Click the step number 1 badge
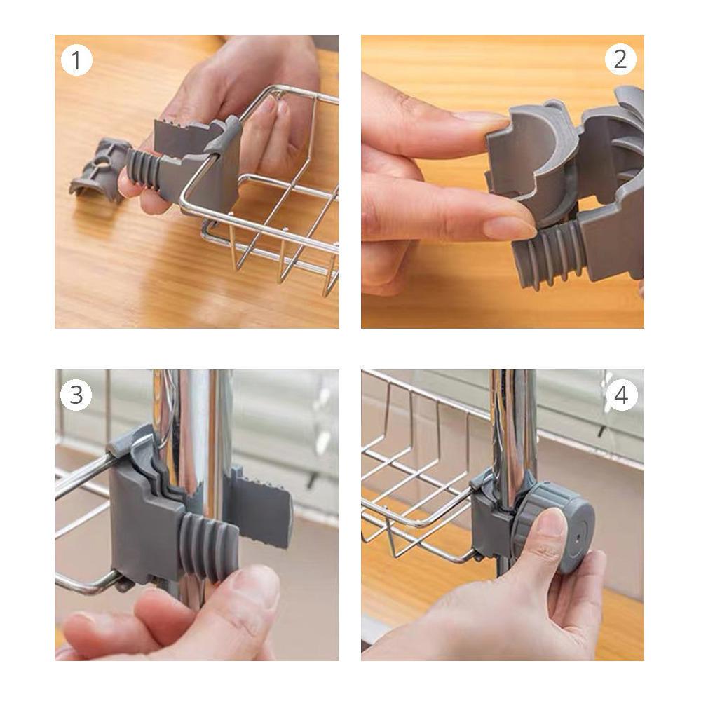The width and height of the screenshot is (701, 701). coord(76,60)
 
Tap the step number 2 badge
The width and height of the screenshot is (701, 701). coord(620,60)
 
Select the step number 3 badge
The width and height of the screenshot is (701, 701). coord(76,395)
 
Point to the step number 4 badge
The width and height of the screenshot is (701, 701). coord(621,395)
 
